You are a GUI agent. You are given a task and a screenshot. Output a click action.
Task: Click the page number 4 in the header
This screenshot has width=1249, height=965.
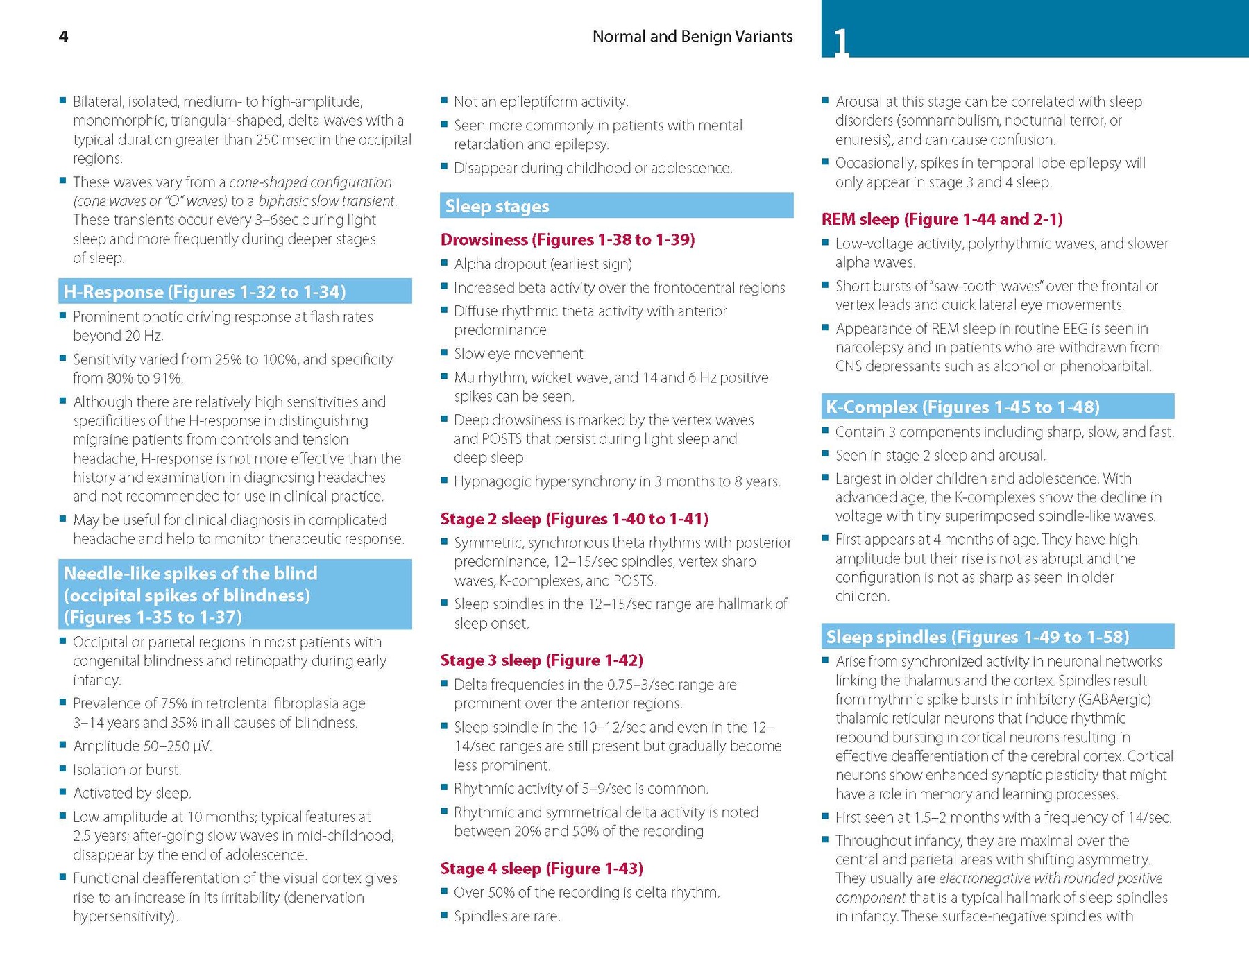tap(63, 37)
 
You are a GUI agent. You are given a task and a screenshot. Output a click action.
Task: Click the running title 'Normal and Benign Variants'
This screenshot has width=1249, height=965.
tap(692, 37)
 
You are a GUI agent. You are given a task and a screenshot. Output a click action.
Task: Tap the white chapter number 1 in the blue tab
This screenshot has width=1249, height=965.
tap(840, 42)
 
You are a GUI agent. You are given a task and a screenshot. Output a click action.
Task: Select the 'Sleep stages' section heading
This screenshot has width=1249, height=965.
tap(497, 206)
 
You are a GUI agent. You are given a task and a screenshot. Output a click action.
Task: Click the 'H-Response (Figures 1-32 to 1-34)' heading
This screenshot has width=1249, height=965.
tap(204, 291)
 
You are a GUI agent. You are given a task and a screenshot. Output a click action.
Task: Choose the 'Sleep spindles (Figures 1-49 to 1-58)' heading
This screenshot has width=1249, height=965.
tap(977, 636)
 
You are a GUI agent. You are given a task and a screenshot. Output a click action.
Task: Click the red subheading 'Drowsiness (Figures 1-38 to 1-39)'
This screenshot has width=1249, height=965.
tap(567, 239)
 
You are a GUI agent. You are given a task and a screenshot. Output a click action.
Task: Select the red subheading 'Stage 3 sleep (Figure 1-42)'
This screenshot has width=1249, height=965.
tap(541, 660)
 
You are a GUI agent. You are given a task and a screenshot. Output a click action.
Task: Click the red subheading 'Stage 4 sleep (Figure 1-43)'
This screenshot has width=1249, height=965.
tap(541, 868)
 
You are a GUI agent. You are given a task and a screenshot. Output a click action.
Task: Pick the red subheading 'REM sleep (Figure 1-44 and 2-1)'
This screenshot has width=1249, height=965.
tap(942, 219)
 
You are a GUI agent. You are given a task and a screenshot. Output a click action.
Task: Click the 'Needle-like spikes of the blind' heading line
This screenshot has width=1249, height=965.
tap(190, 573)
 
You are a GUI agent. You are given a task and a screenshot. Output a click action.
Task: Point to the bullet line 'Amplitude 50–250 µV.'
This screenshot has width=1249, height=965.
tap(142, 746)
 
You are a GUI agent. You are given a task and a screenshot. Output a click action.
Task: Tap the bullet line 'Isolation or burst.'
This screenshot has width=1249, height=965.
tap(127, 769)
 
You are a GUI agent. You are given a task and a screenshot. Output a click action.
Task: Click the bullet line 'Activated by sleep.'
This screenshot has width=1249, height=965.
tap(132, 793)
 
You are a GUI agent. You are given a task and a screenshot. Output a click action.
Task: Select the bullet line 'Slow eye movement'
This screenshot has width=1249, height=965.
tap(518, 354)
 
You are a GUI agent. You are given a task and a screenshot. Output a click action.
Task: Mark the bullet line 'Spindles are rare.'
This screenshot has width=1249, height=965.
tap(507, 916)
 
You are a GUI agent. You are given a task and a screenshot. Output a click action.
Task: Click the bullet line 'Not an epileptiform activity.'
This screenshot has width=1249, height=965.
tap(541, 102)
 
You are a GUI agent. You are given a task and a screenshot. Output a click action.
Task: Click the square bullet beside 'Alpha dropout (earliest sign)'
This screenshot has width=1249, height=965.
tap(445, 263)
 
